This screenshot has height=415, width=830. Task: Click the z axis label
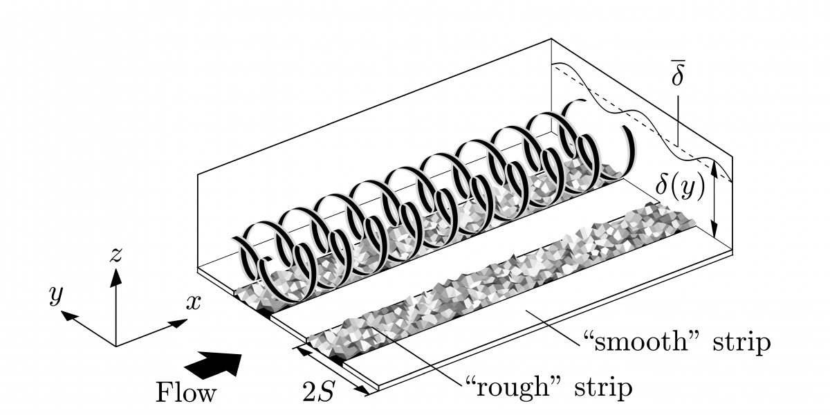click(116, 255)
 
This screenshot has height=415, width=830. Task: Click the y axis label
click(55, 295)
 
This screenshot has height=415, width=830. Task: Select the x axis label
click(194, 302)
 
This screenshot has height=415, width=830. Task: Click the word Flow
click(185, 394)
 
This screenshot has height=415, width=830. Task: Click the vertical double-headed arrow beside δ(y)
click(714, 200)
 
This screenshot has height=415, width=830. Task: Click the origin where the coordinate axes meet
click(116, 345)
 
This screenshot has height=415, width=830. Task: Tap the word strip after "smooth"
click(733, 343)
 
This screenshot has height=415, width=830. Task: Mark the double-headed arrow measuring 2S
click(336, 371)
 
